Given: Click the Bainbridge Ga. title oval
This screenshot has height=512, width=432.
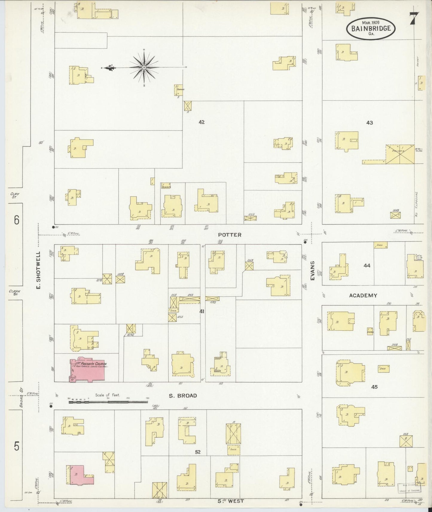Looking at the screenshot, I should pyautogui.click(x=371, y=28).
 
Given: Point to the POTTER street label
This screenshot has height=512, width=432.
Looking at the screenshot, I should pyautogui.click(x=230, y=235).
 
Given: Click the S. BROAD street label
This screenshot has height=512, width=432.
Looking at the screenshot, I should pyautogui.click(x=183, y=396).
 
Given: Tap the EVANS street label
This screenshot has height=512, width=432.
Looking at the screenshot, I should pyautogui.click(x=312, y=270).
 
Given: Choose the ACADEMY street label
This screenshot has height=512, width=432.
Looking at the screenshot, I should pyautogui.click(x=363, y=295).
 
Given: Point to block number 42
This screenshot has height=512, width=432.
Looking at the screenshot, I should pyautogui.click(x=202, y=122).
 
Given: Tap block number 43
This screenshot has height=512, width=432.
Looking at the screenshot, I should pyautogui.click(x=370, y=122).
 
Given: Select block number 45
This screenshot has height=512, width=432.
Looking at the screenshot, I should pyautogui.click(x=374, y=387).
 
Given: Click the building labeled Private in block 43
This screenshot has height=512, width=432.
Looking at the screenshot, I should pyautogui.click(x=400, y=154).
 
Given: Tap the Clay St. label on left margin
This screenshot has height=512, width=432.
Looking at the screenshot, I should pyautogui.click(x=15, y=196).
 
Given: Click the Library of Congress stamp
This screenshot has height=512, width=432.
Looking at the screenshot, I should pyautogui.click(x=409, y=488).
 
